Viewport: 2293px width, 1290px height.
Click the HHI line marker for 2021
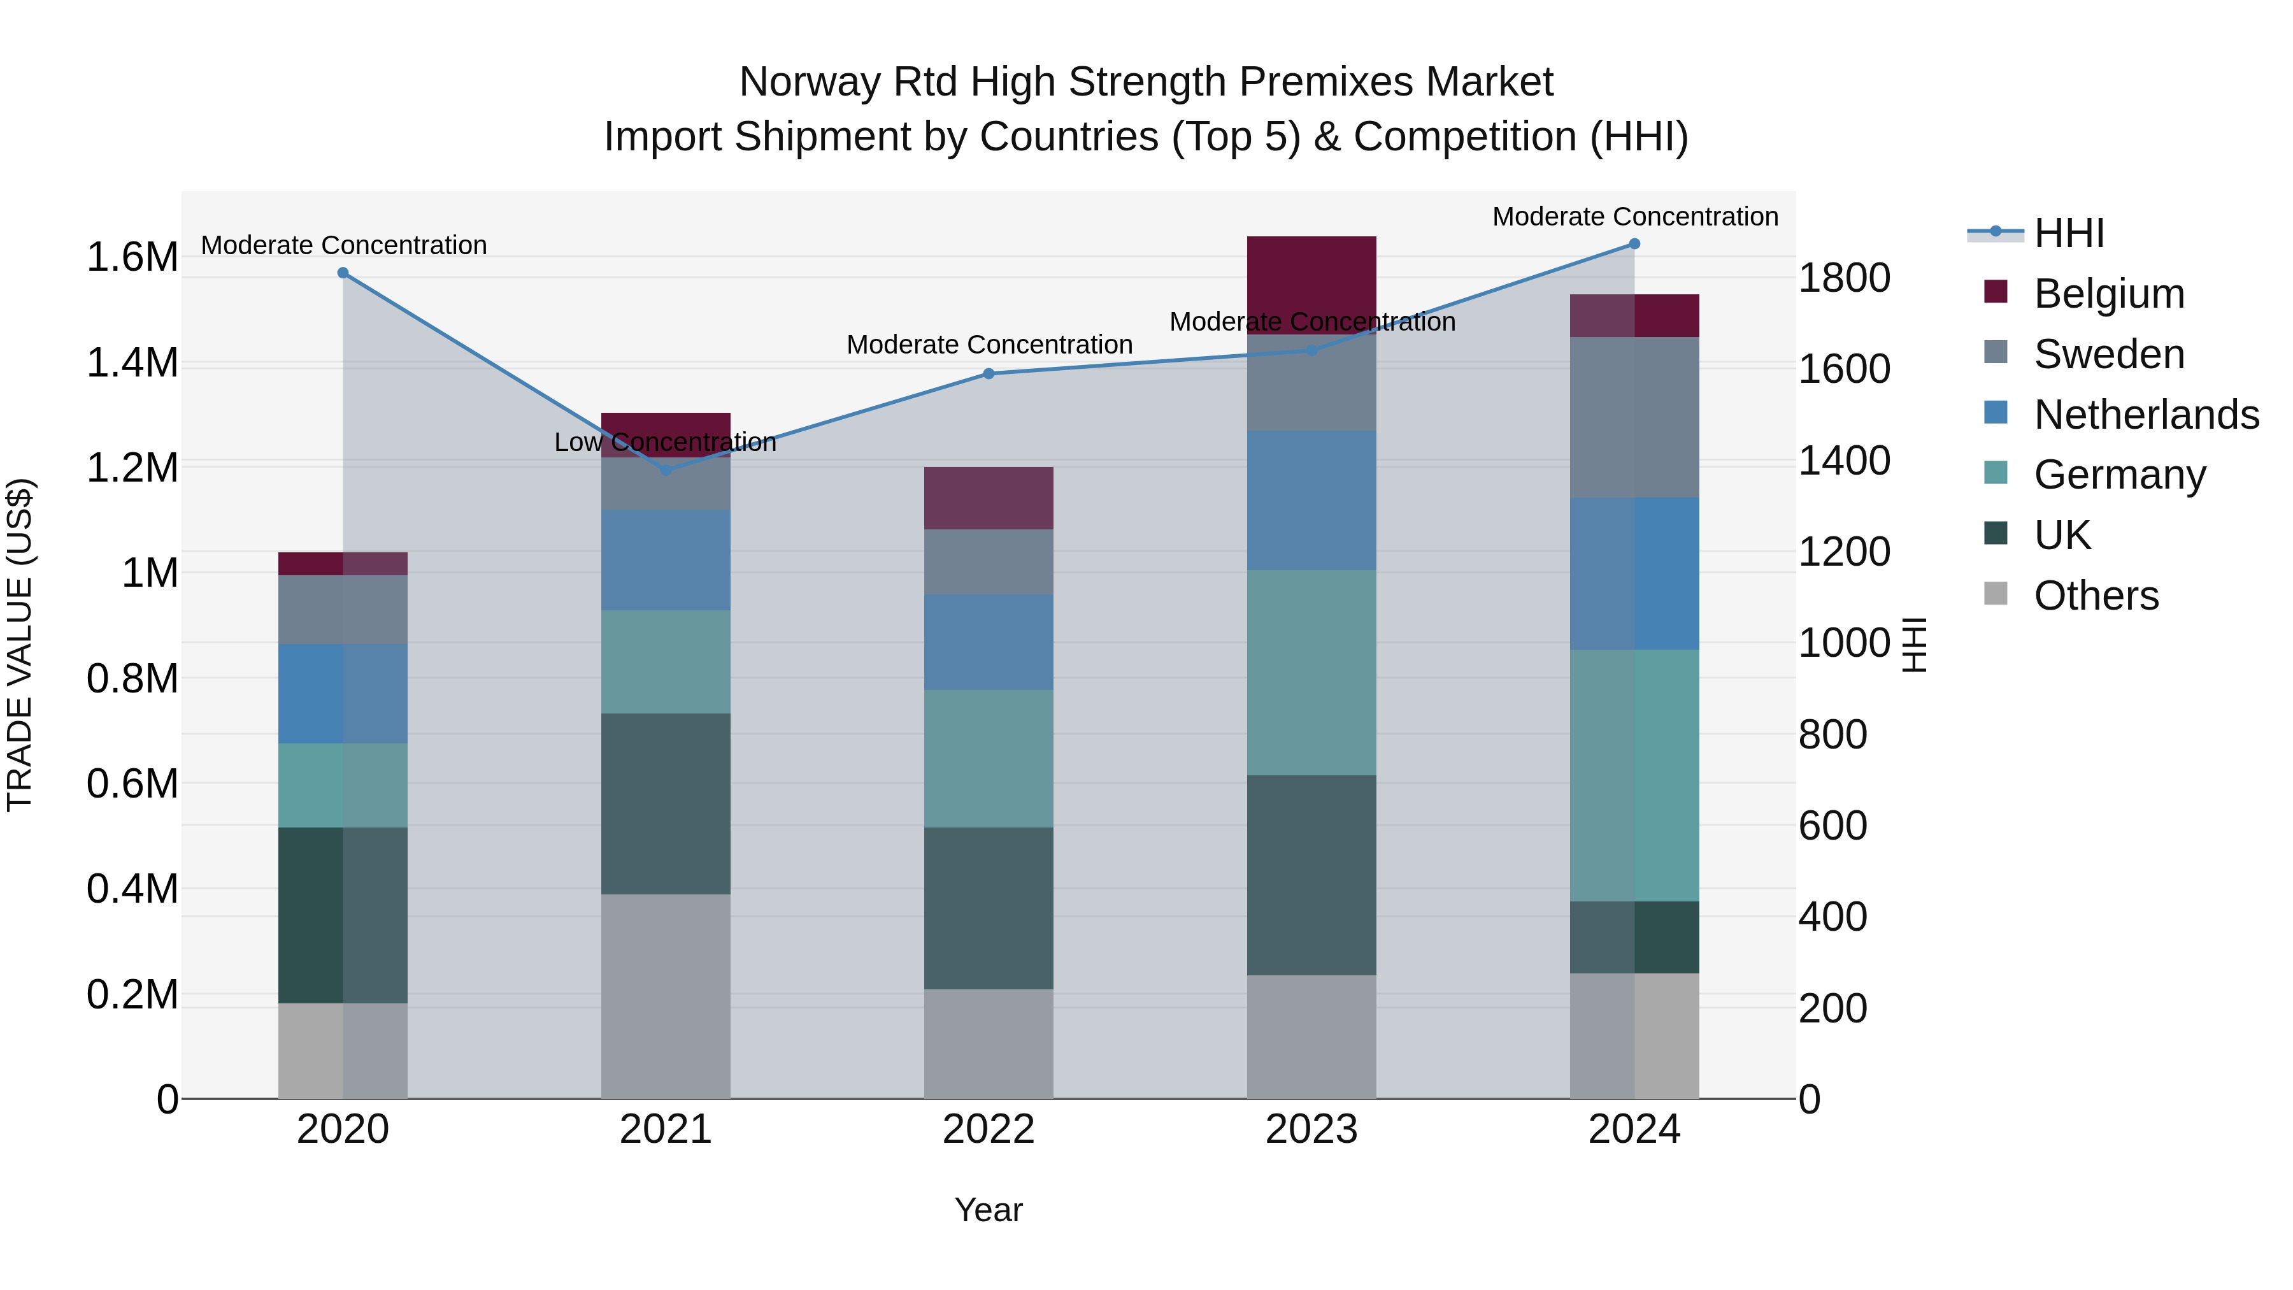tap(666, 469)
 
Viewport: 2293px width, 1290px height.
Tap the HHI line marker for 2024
tap(1634, 244)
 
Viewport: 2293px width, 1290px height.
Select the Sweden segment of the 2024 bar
tap(1634, 417)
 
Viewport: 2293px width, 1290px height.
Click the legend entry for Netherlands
tap(2145, 415)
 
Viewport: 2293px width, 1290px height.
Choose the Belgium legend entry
tap(2108, 294)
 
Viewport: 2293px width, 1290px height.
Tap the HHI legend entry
tap(2068, 233)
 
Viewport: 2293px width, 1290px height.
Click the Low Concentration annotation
tap(665, 443)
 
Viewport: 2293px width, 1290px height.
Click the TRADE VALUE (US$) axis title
tap(20, 645)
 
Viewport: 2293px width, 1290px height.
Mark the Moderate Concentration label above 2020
tap(343, 245)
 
